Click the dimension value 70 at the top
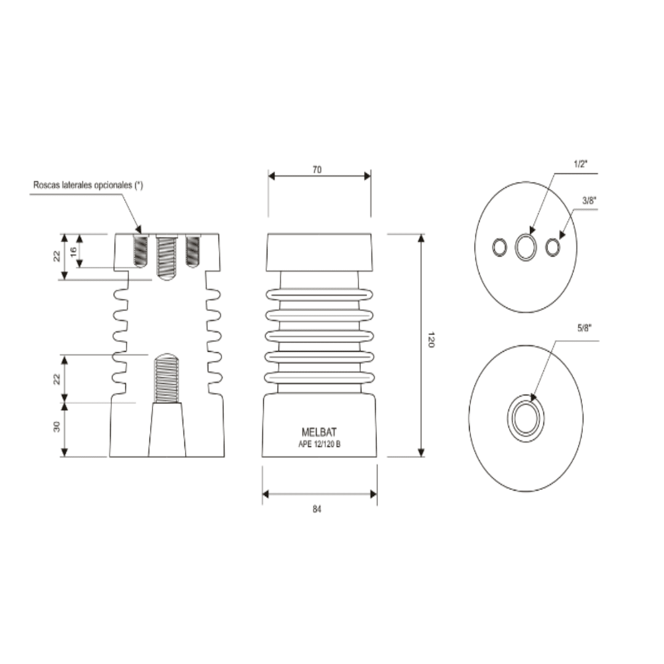point(317,169)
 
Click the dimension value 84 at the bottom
point(317,509)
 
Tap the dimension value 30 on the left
point(57,426)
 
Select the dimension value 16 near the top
point(73,251)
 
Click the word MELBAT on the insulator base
point(319,432)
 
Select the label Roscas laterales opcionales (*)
point(88,184)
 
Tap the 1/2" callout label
point(581,164)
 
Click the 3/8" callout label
point(589,200)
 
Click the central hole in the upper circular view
point(526,247)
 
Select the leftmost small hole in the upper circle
point(499,247)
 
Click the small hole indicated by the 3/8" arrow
point(553,247)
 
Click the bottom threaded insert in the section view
point(166,378)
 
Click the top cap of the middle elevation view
point(318,252)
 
